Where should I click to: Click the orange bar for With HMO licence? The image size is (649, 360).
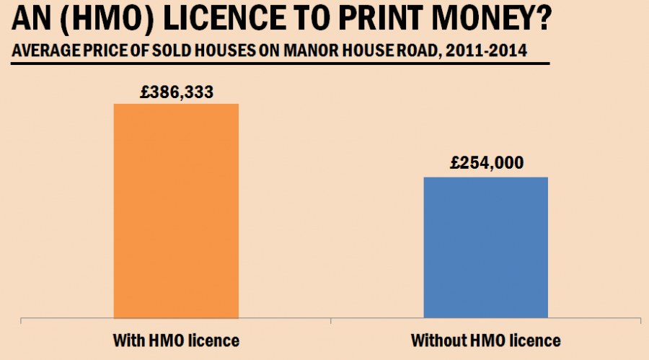coord(176,210)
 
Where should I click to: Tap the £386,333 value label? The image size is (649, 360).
coord(176,92)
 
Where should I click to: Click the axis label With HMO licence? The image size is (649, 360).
coord(176,339)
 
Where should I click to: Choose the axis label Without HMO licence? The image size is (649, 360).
coord(485,339)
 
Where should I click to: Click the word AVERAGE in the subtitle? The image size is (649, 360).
coord(40,53)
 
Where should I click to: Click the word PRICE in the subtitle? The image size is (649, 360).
coord(101,53)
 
